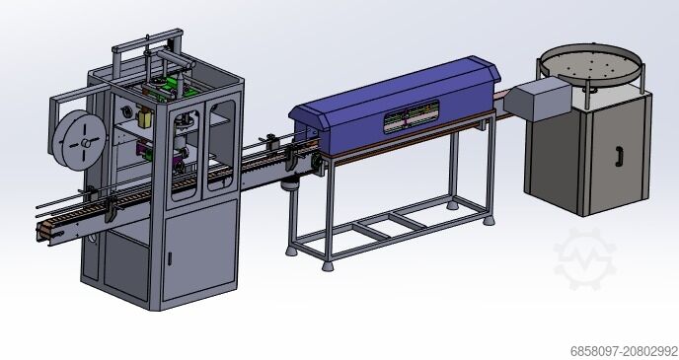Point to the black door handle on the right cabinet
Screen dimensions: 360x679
617,156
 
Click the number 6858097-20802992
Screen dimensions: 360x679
624,350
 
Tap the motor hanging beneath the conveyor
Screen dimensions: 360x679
289,186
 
